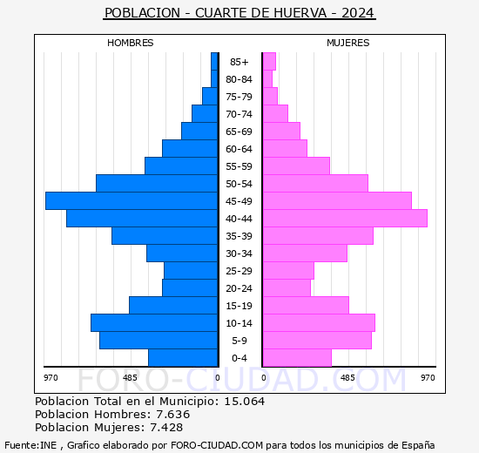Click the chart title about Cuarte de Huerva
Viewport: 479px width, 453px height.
coord(239,13)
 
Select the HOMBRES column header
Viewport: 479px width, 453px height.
coord(131,43)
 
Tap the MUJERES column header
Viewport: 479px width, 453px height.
coord(347,43)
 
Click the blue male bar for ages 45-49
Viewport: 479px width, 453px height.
coord(131,200)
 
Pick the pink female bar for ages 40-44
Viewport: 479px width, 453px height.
coord(345,218)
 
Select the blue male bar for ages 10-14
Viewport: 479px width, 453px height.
coord(153,322)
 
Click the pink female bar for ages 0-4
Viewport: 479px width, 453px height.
coord(297,357)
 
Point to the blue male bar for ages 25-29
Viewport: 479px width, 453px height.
coord(191,270)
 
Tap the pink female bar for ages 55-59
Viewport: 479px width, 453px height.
coord(296,166)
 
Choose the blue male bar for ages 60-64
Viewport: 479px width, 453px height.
coord(190,148)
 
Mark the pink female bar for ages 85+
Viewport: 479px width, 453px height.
coord(269,61)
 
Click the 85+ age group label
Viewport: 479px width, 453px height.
coord(239,62)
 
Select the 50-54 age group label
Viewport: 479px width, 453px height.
coord(239,184)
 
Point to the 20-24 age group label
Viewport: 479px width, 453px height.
coord(239,288)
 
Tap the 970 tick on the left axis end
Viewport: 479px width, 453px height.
coord(51,377)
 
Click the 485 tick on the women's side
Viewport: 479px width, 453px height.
coord(347,377)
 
